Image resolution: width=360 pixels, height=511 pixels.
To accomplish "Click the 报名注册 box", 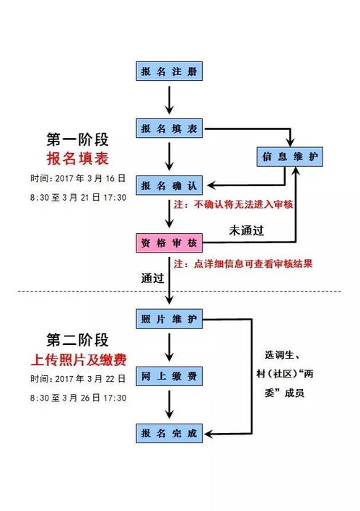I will coord(169,71).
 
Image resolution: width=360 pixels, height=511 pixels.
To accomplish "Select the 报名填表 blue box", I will coord(169,128).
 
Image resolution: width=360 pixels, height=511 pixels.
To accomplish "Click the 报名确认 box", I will coord(169,185).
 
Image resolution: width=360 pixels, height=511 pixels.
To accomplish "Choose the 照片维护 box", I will coord(169,318).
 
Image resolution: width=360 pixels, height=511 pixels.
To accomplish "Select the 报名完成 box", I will coord(169,434).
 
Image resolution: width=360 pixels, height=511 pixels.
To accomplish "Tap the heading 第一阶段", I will coord(80,139).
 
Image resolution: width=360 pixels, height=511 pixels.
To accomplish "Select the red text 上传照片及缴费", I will coord(80,360).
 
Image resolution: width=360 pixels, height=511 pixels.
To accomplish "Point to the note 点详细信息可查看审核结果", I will coord(253,263).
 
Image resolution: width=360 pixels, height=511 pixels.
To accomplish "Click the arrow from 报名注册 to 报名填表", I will coord(169,100).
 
